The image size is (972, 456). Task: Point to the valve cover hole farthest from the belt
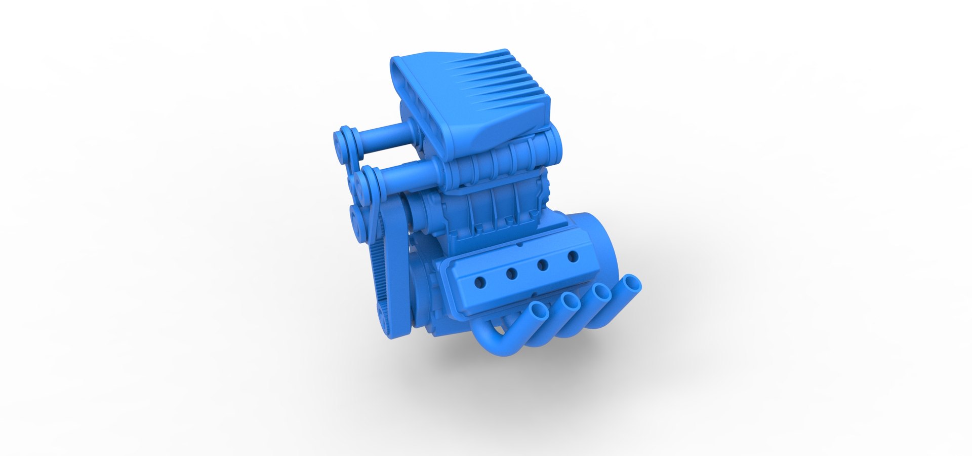[x=573, y=256]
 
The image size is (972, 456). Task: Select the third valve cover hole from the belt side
[x=543, y=265]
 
